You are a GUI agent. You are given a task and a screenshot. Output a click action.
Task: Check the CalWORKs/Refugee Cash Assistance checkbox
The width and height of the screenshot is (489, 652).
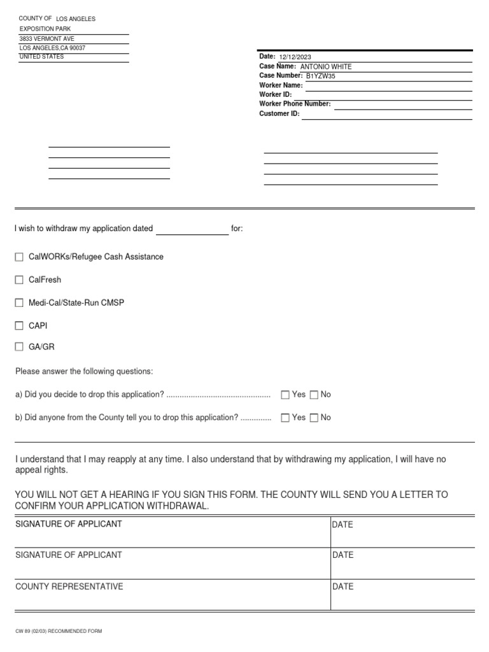tap(19, 257)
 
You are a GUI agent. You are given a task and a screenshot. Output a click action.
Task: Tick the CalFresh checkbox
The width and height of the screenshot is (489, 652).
tap(19, 280)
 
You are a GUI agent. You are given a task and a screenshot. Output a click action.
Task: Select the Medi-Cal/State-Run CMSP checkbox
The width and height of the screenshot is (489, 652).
tap(19, 303)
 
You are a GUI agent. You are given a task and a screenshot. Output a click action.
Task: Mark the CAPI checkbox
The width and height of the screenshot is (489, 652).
tap(19, 326)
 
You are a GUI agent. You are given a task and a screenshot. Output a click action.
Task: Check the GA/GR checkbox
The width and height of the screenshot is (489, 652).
tap(19, 348)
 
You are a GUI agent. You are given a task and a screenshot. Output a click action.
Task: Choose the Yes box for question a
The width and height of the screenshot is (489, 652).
tap(285, 395)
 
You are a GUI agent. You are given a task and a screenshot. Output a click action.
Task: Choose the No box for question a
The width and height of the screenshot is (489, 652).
tap(314, 395)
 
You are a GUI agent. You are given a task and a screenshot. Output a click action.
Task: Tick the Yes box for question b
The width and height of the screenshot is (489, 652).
tap(285, 418)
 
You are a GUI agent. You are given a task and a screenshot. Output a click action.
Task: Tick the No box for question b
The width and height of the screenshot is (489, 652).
tap(314, 418)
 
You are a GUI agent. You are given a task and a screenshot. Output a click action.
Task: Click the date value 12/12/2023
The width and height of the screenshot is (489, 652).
tap(295, 57)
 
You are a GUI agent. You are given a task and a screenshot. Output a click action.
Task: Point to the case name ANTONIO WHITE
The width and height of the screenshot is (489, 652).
tap(325, 67)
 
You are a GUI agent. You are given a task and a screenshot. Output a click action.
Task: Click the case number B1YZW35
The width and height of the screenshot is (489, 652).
tap(320, 76)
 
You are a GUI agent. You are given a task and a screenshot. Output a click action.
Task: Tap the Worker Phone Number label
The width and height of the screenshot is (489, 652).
tap(295, 104)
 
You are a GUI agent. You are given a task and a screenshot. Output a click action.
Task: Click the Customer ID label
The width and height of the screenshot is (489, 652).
tap(279, 113)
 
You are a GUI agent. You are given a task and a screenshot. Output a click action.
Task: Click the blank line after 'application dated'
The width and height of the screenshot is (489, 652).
tap(192, 230)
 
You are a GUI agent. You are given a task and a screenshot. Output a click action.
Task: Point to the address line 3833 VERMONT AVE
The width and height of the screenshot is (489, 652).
tap(47, 39)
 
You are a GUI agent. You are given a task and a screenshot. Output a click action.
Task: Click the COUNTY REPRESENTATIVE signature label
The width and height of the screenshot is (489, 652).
tap(69, 586)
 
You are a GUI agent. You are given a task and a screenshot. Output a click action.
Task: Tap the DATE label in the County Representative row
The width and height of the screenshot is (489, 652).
tap(343, 587)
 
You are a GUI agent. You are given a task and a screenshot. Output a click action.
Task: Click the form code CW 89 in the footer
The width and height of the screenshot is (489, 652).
tap(23, 631)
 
